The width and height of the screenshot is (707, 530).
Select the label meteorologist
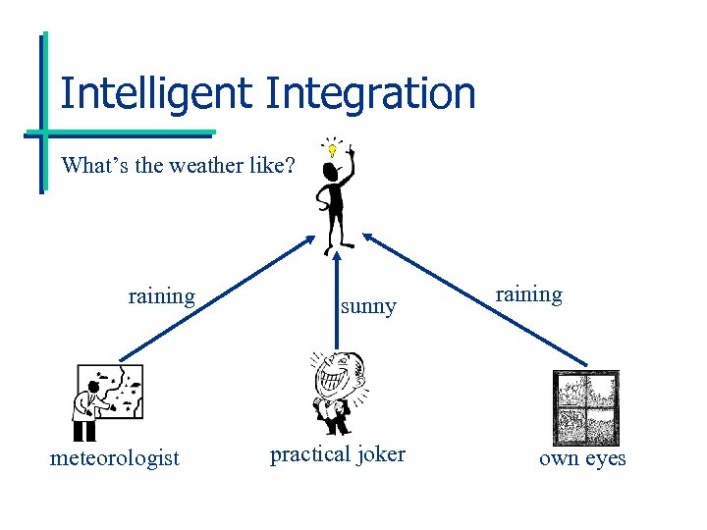pyautogui.click(x=115, y=458)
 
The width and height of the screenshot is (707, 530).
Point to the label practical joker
pyautogui.click(x=337, y=454)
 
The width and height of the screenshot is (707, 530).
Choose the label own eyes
pyautogui.click(x=581, y=458)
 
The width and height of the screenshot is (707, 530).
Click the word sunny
pyautogui.click(x=368, y=307)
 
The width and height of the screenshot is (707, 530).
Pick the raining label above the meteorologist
pyautogui.click(x=161, y=295)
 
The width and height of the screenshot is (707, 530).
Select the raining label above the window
pyautogui.click(x=528, y=294)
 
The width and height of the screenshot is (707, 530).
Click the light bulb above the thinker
pyautogui.click(x=332, y=150)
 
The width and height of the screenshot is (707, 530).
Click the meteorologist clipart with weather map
pyautogui.click(x=107, y=401)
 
